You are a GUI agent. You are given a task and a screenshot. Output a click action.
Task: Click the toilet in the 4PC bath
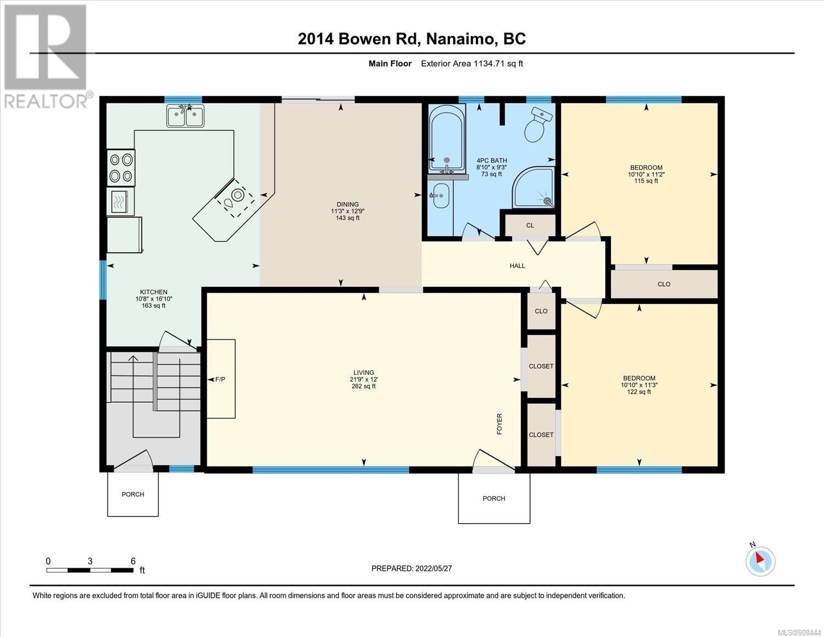coord(537,124)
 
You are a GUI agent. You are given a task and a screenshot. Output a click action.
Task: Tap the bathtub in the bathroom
coord(447,138)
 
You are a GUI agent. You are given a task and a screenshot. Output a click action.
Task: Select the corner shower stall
coord(533,187)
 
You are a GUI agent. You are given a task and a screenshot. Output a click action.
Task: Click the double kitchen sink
coord(186,115)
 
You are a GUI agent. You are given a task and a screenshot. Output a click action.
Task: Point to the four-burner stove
coord(121,167)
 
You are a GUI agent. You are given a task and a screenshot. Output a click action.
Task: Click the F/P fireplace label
coord(220,379)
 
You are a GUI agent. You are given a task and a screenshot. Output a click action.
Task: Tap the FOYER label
coord(499,424)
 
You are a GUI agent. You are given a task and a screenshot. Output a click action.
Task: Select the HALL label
coord(517,266)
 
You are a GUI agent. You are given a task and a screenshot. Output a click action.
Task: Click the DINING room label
coord(347,204)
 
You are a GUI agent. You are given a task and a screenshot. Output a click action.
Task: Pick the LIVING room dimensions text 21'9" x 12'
coord(364,379)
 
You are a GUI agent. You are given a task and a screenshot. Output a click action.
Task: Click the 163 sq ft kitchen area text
coord(154,306)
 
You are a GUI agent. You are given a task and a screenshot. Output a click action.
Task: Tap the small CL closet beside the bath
coord(530,225)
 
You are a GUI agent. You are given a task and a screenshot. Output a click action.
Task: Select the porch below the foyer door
coord(494,498)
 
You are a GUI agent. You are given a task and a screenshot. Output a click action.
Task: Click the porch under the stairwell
coord(133,494)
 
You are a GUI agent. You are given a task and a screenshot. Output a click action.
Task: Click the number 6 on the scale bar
coord(133,561)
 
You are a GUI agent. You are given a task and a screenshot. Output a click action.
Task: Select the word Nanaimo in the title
coord(462,38)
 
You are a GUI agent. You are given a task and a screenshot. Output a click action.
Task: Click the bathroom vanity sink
coord(441,196)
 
